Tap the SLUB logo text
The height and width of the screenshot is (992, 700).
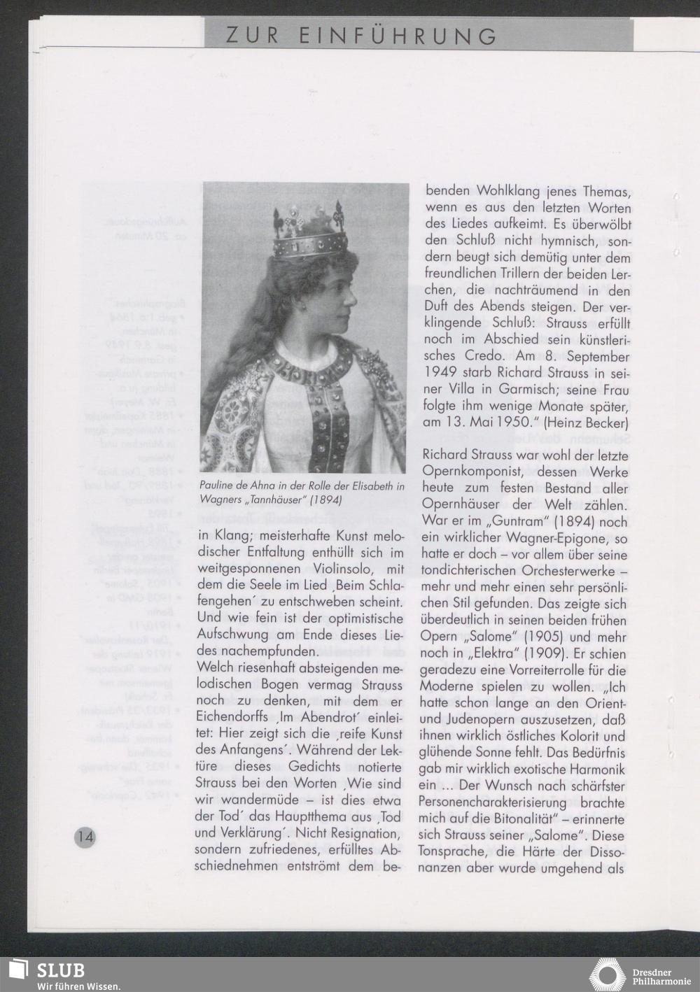61,970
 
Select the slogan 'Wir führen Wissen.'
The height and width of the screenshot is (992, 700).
78,986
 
